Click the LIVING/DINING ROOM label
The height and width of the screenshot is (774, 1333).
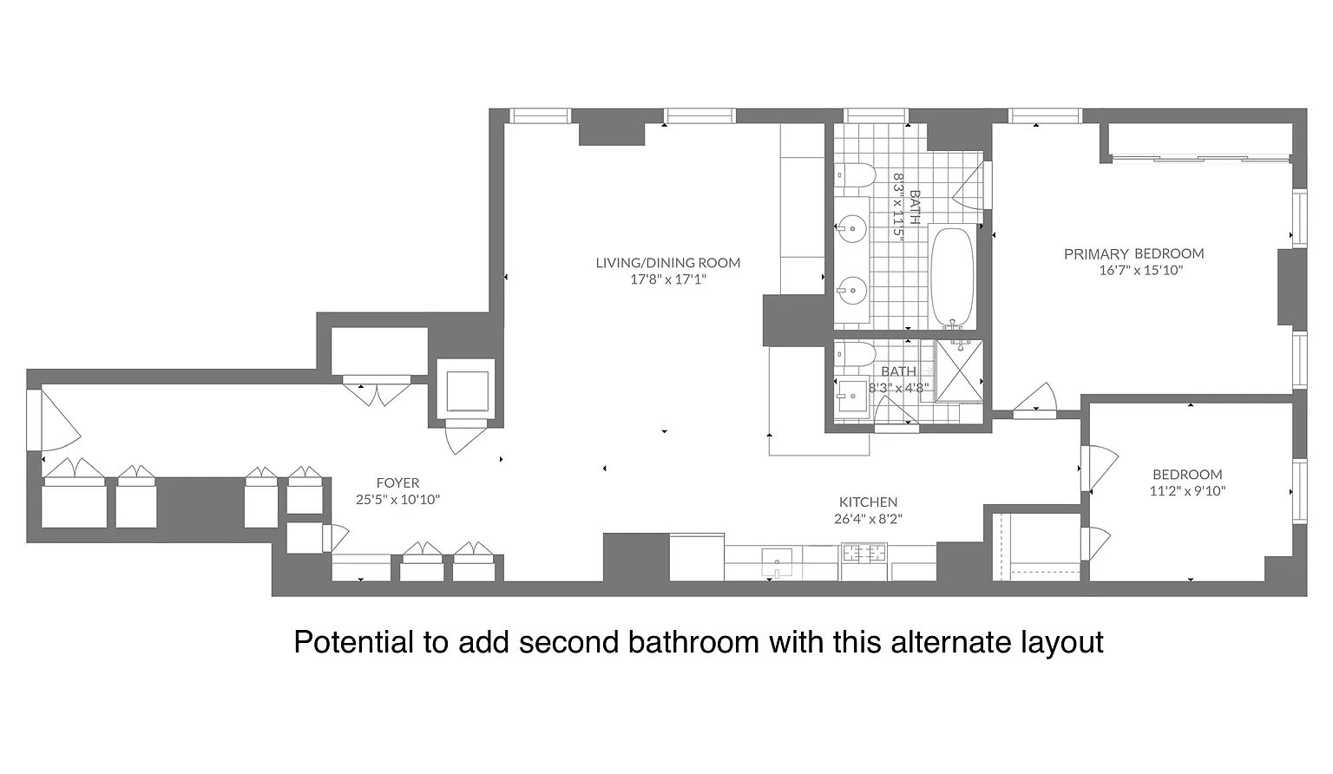click(x=667, y=262)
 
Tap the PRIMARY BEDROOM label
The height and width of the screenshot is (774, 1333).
click(x=1133, y=253)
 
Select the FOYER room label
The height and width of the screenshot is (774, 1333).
click(x=397, y=482)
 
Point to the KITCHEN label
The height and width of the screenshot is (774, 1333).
click(x=868, y=502)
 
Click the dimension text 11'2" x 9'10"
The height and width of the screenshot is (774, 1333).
click(x=1187, y=491)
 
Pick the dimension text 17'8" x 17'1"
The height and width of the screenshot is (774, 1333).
click(x=667, y=279)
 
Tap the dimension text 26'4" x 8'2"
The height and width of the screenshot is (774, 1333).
click(x=868, y=518)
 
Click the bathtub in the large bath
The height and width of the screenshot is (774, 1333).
click(x=952, y=278)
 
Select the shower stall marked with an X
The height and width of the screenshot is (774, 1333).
click(x=959, y=371)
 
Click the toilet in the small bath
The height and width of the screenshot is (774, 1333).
click(x=855, y=354)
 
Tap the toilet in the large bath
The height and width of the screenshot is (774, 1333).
click(x=855, y=175)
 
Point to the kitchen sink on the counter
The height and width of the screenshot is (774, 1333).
click(x=778, y=563)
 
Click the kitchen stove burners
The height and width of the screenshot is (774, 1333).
click(x=863, y=554)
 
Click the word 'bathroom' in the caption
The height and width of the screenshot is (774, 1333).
click(x=693, y=642)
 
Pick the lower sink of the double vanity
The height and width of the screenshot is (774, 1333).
click(x=852, y=291)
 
